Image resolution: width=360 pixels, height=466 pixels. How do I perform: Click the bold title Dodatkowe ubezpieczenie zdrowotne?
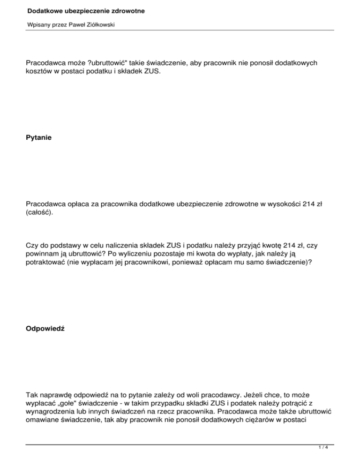[79, 10]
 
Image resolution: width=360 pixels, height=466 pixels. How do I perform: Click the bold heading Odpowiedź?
[45, 330]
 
